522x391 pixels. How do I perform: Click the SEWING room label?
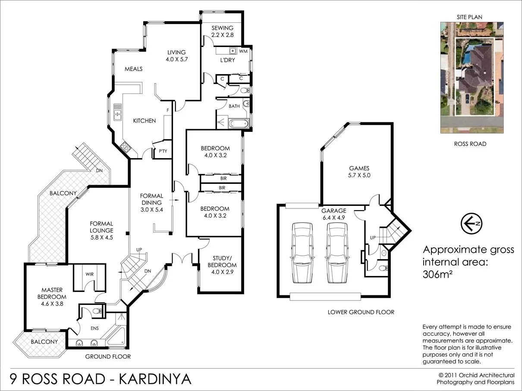click(x=222, y=28)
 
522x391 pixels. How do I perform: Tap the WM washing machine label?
click(x=242, y=51)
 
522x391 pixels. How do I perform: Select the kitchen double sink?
click(x=117, y=112)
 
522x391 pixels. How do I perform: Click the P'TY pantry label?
click(x=163, y=151)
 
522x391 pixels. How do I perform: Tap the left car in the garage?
click(x=302, y=252)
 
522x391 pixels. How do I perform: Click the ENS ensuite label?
click(x=94, y=328)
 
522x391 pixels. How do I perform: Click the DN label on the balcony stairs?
click(x=100, y=171)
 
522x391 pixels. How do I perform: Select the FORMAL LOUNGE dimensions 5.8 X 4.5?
click(x=101, y=237)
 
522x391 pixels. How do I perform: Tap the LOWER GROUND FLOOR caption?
click(x=361, y=312)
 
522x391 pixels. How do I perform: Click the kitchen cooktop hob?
click(x=126, y=148)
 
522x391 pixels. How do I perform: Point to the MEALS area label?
click(x=133, y=69)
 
